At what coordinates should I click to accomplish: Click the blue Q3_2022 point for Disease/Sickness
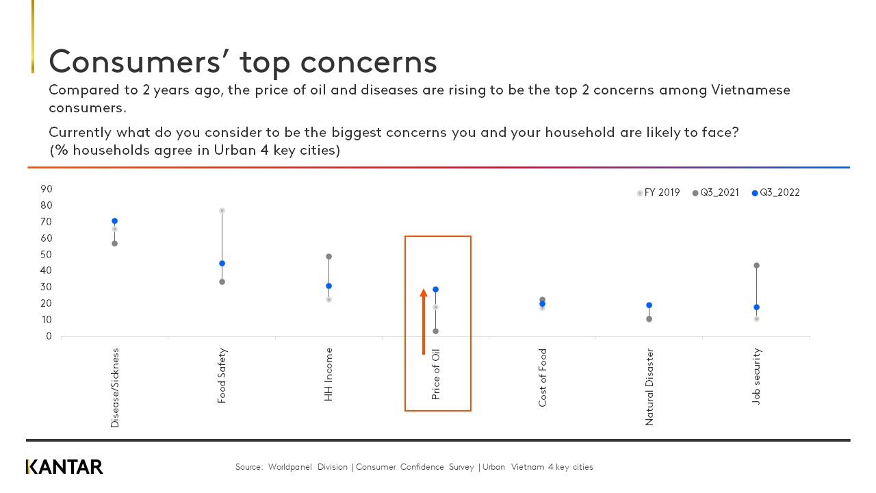coord(114,221)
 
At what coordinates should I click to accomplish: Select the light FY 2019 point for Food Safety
coord(222,210)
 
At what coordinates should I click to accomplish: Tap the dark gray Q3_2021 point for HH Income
coord(328,257)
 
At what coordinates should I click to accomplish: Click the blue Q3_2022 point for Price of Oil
coord(435,290)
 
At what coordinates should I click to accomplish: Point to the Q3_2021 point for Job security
coord(756,266)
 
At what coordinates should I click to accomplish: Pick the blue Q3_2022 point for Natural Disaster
coord(649,305)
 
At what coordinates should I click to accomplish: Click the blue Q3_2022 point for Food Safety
coord(222,264)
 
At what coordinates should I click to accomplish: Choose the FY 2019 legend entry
coord(658,193)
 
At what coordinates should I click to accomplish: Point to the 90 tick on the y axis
coord(47,189)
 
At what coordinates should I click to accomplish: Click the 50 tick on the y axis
coord(47,255)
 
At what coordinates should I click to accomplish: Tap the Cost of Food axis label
coord(543,377)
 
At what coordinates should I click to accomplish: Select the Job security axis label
coord(756,376)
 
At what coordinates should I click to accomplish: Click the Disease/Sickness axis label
coord(114,388)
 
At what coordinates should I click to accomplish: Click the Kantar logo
coord(64,467)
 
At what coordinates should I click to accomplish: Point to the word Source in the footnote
coord(248,467)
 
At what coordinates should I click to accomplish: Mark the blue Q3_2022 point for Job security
coord(756,307)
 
